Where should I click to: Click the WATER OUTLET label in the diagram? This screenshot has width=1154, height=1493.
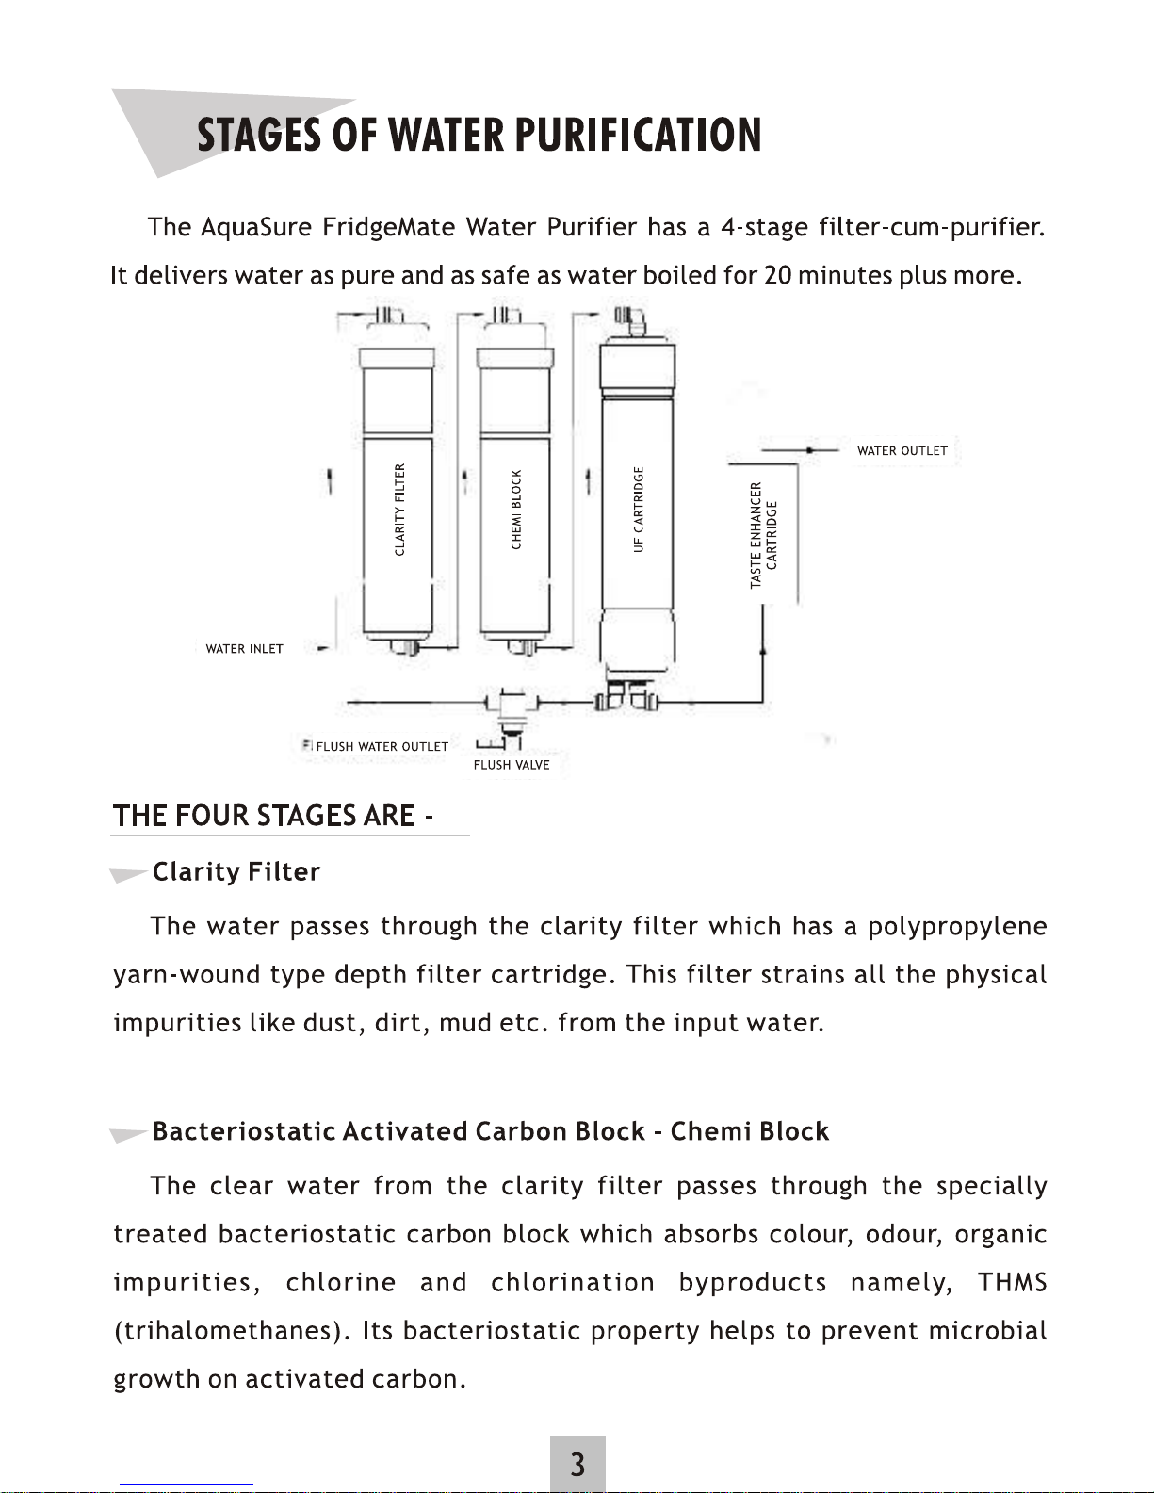[902, 450]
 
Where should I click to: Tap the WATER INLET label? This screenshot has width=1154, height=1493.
[245, 649]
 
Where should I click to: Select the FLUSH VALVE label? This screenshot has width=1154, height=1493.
[512, 765]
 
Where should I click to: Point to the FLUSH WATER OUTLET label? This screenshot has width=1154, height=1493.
[382, 746]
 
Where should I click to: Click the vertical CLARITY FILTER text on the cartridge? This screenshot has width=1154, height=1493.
[399, 509]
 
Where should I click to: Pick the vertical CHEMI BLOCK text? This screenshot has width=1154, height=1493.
[516, 510]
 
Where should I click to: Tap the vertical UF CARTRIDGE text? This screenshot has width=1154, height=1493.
[639, 509]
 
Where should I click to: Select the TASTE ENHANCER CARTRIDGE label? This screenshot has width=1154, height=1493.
[764, 535]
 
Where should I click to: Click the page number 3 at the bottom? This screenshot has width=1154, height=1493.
[577, 1464]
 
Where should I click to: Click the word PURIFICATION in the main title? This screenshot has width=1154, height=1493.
[638, 135]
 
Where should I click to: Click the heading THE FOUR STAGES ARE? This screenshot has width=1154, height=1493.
[272, 816]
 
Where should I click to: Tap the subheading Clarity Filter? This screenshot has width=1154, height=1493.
[236, 872]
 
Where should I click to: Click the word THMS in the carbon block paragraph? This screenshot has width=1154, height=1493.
[1013, 1282]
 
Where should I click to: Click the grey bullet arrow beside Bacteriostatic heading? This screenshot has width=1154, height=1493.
[128, 1134]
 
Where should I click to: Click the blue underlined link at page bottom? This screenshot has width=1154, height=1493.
[187, 1485]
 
